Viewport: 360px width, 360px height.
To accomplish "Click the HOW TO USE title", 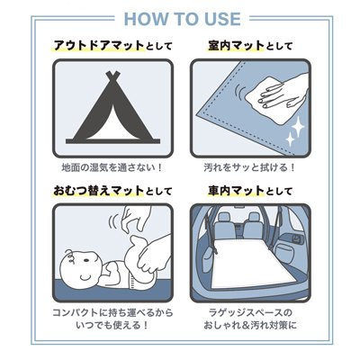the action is (182, 19).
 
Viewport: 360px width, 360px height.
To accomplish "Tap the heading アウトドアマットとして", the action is (113, 46).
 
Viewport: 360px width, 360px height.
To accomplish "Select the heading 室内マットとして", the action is (250, 46).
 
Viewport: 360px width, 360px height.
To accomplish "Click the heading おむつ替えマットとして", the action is (112, 191).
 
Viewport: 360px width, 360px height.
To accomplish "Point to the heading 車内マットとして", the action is (250, 191).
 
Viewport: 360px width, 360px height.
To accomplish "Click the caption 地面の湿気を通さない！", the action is (112, 167).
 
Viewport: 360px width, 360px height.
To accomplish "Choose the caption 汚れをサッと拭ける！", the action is (249, 167).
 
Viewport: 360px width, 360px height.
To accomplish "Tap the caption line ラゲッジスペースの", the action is (250, 313).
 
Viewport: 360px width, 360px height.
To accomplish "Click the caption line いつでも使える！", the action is (112, 325).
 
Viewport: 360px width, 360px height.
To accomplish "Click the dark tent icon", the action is (112, 107).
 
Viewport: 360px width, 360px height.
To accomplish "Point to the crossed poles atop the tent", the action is (112, 76).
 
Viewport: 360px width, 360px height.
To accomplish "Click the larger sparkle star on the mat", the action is (298, 128).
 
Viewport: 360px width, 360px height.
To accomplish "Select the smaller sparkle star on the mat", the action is (290, 140).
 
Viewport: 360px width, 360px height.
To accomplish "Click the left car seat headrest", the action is (224, 217).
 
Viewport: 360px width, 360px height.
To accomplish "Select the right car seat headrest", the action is (254, 217).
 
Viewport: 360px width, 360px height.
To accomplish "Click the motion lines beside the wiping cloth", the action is (240, 91).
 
